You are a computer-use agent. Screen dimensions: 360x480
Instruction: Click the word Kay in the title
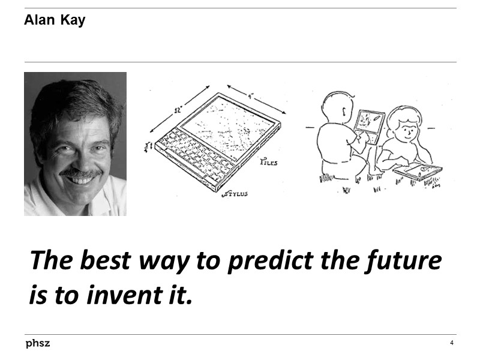pos(73,20)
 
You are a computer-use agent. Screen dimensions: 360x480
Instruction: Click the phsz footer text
pos(37,344)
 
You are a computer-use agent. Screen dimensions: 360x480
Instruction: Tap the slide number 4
pos(451,343)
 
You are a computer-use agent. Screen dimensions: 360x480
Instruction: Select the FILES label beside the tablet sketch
pos(268,163)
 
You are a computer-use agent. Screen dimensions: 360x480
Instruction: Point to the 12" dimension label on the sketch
pos(179,110)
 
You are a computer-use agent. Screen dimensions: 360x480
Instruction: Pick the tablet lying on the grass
pos(418,171)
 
